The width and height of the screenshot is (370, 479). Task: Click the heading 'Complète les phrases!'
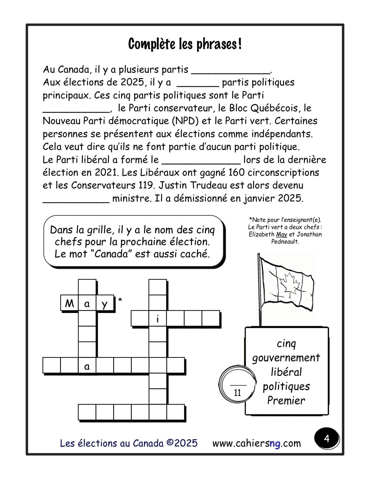click(x=185, y=44)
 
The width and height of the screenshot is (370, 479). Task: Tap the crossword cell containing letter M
click(x=69, y=303)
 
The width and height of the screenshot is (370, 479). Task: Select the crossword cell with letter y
click(x=105, y=304)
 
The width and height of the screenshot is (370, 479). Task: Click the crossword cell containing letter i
click(x=158, y=319)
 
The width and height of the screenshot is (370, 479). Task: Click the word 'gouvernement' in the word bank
click(x=286, y=358)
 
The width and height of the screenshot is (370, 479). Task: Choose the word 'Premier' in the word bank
click(x=286, y=401)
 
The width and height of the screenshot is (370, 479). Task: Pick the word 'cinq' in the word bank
click(x=286, y=343)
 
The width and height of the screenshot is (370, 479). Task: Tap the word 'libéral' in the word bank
click(x=286, y=372)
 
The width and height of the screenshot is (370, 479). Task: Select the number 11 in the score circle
click(x=237, y=393)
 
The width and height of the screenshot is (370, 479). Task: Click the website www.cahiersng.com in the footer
click(x=257, y=443)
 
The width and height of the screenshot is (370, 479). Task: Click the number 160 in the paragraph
click(x=237, y=173)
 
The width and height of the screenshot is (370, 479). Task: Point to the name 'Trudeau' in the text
click(x=208, y=186)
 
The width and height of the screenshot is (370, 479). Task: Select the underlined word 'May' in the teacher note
click(x=281, y=234)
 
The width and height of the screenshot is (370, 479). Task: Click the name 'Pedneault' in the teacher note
click(x=285, y=242)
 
